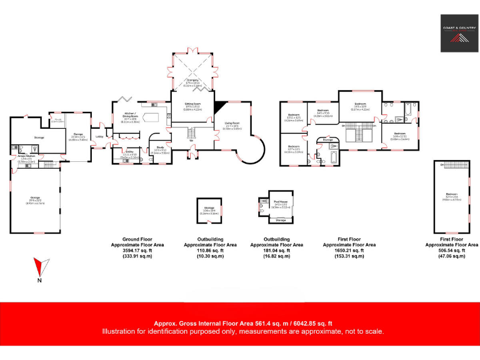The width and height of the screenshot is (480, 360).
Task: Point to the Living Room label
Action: coord(233,127)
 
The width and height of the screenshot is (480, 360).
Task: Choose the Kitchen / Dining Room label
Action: coord(130,114)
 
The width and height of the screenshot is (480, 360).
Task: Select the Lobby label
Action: coord(99,137)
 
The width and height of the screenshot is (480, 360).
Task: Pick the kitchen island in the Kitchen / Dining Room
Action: coord(151,116)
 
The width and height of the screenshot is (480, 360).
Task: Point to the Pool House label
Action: coord(280,202)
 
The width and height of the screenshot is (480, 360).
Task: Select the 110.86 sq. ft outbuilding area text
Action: coord(209,251)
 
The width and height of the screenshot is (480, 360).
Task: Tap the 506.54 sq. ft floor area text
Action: coord(451,251)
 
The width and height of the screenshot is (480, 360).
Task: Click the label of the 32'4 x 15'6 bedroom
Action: coord(451,196)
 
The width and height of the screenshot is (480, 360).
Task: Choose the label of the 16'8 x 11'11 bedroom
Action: coord(400,135)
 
